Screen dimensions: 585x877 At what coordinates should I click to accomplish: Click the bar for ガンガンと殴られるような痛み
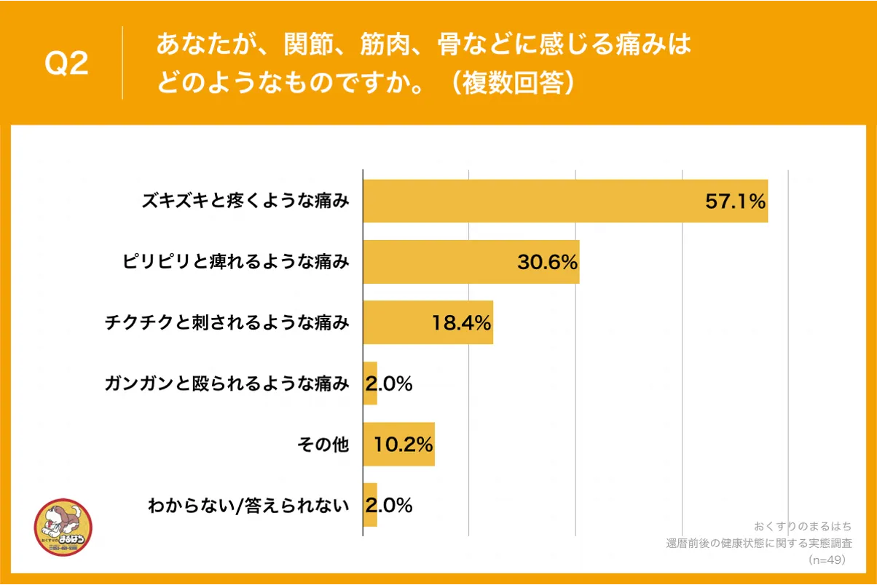(370, 383)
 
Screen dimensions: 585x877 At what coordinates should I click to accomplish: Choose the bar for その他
(398, 444)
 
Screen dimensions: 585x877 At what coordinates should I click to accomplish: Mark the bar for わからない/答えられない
(370, 505)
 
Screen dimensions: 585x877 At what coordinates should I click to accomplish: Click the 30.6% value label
(548, 262)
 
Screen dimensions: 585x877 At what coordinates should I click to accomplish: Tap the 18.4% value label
(462, 322)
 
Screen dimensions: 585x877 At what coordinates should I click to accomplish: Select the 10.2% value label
(404, 444)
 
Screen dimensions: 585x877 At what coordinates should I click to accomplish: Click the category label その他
(323, 444)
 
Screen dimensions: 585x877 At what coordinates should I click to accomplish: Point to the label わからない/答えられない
(248, 505)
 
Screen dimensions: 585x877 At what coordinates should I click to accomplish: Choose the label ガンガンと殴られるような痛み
(227, 383)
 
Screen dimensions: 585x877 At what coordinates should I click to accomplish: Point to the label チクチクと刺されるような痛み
(227, 322)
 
